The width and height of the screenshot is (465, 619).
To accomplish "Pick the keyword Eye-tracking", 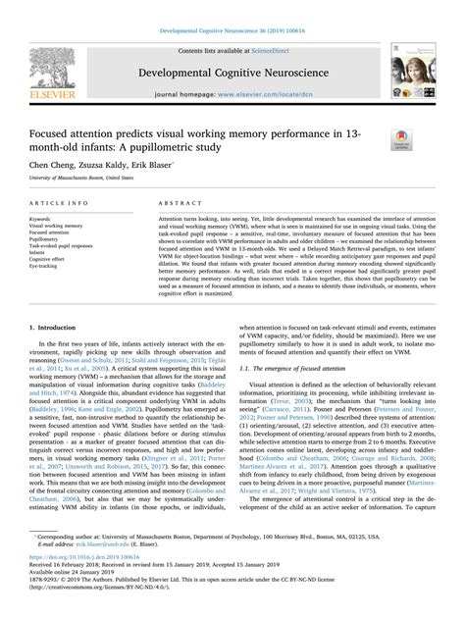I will [x=49, y=265].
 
